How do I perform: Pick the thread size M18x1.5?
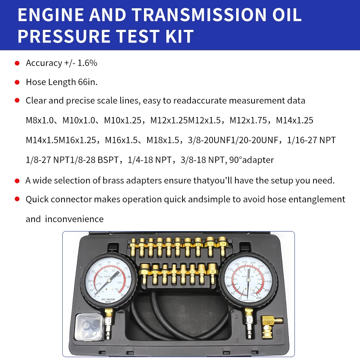163,140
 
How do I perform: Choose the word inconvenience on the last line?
74,219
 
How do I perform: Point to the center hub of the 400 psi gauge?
247,278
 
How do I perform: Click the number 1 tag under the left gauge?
109,320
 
